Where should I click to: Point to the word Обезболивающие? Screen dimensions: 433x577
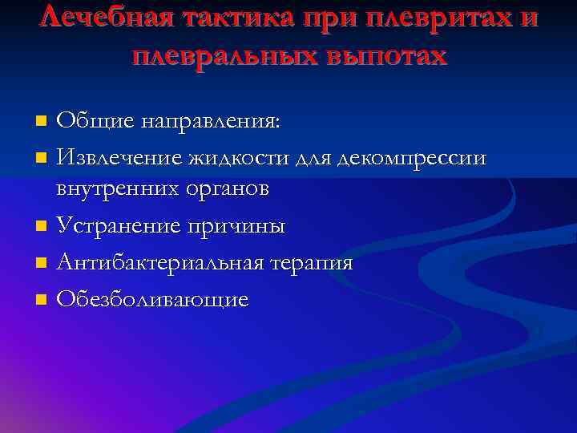152,299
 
